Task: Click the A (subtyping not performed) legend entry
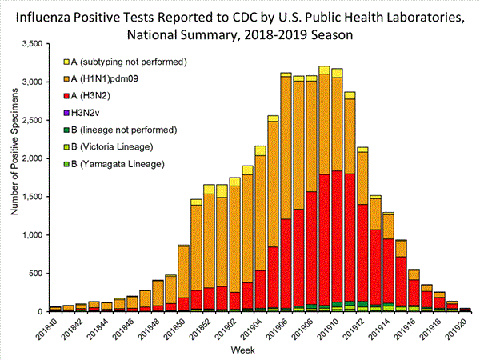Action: (128, 62)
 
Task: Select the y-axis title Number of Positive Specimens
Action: (14, 176)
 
